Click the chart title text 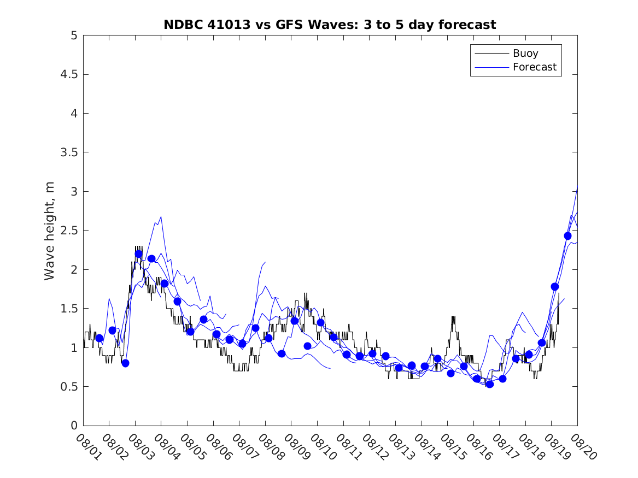330,25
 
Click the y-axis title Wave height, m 50,231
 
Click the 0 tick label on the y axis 75,426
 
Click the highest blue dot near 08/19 567,236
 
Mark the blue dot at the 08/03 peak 138,254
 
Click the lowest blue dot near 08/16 490,384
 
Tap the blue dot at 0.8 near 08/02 125,363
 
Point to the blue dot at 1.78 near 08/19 555,287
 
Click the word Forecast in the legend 534,67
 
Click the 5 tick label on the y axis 75,36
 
